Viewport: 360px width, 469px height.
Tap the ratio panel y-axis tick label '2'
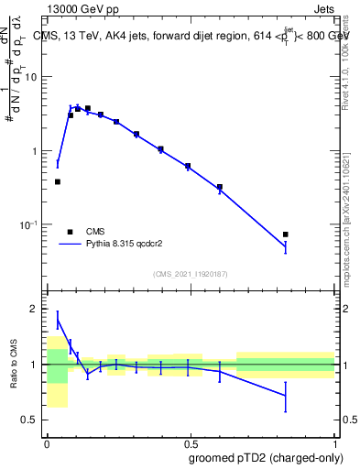[35, 310]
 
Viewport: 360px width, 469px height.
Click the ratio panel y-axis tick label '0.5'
[30, 420]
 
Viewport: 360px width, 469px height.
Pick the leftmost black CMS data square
[58, 181]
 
